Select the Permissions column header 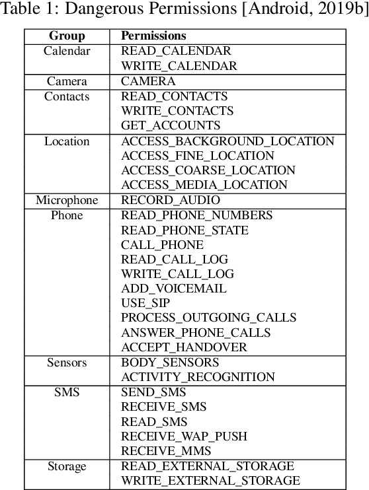point(153,36)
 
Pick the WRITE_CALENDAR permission point(179,66)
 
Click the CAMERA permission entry point(148,81)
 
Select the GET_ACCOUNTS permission point(171,125)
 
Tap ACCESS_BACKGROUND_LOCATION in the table point(227,141)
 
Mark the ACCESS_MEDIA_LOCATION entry point(204,186)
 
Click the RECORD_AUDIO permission point(171,200)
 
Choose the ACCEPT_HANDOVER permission point(184,347)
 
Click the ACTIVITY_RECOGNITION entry point(198,377)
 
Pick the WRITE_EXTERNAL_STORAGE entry point(210,481)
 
